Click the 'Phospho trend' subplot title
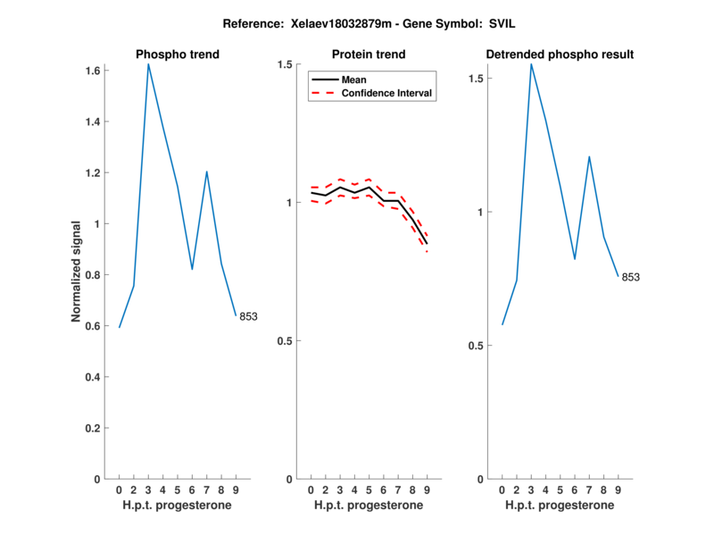(x=178, y=54)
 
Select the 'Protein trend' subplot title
(x=369, y=54)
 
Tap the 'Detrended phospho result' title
(x=560, y=54)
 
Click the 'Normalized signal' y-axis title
(x=78, y=272)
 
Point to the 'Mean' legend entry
(x=354, y=79)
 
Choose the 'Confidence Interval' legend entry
(x=388, y=93)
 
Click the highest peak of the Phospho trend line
(x=148, y=64)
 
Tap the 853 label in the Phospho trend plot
(x=248, y=317)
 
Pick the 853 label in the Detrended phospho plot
(x=630, y=277)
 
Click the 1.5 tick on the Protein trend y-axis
(x=285, y=64)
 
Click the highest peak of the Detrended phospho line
(x=531, y=64)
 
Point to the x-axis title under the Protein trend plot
(x=369, y=506)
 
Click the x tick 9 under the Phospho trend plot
(x=236, y=489)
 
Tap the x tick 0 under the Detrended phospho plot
(x=502, y=489)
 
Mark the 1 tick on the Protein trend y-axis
(x=289, y=203)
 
